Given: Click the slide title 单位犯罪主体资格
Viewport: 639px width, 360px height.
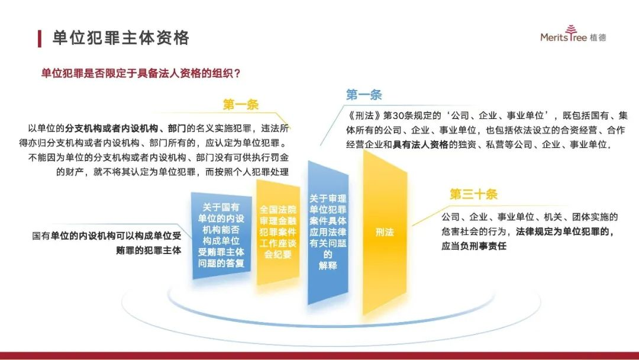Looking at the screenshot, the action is pos(121,38).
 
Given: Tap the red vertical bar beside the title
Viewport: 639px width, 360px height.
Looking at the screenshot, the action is pos(40,38).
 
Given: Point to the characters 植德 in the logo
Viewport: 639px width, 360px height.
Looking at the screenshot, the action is pos(598,37).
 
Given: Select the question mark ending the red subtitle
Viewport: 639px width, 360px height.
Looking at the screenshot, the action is pos(238,73).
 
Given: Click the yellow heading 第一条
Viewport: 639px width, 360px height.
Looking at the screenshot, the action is pos(241,105).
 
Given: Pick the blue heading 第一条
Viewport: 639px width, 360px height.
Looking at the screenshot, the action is pos(364,95).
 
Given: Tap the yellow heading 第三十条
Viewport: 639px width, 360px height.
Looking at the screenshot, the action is pos(473,194).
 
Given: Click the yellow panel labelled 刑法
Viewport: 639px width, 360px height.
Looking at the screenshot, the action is pos(385,232).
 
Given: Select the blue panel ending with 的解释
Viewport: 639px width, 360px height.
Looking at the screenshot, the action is pos(328,232).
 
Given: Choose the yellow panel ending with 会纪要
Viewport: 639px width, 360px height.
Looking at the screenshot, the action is pos(278,232).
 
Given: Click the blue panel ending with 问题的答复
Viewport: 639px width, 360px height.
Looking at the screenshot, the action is pos(221,236).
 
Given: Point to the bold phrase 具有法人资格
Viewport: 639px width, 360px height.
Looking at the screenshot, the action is pos(420,144).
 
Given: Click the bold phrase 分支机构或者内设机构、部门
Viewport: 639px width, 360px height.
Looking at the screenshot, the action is pos(125,128).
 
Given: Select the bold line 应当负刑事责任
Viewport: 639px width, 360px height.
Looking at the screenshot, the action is pos(473,246).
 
